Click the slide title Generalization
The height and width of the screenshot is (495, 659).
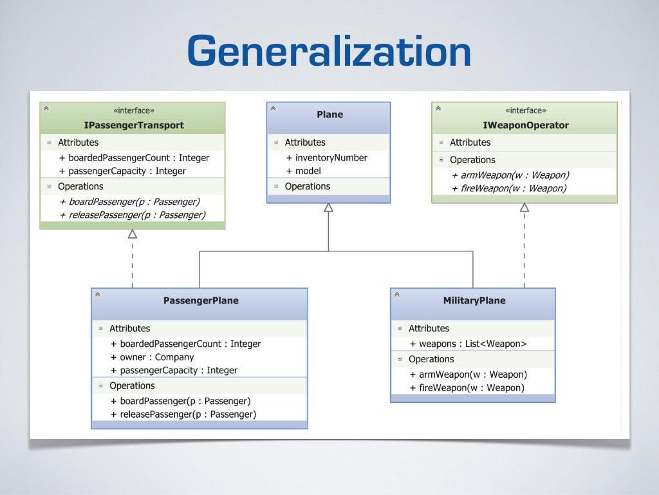pos(329,52)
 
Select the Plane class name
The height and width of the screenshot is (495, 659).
pos(329,115)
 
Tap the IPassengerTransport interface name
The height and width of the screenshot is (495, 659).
pos(134,125)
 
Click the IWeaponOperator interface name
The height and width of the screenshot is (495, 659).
pos(526,125)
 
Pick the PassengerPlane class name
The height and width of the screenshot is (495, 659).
pos(201,300)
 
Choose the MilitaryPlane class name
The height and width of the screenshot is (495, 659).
pos(474,300)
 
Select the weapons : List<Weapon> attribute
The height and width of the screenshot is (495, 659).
pos(469,344)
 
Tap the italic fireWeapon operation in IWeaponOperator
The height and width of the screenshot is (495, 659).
pos(509,188)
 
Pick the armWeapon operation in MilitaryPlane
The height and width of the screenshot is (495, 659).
pos(469,374)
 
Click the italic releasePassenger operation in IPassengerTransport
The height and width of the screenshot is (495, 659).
pos(133,215)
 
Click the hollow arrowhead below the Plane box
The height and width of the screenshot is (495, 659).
pos(328,208)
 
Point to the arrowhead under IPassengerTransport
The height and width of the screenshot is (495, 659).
pos(133,234)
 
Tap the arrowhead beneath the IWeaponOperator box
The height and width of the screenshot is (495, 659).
pos(524,208)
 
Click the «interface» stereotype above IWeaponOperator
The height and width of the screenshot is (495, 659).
pos(526,110)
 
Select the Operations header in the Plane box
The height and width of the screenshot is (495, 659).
pos(307,186)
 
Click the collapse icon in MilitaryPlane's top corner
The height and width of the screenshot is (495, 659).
pos(396,295)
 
